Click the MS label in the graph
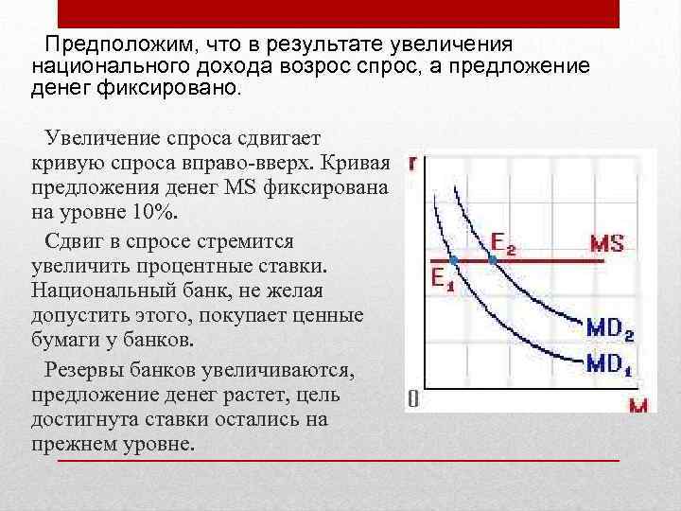pos(606,242)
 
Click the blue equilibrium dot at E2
pos(492,258)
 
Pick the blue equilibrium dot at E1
pos(453,258)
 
